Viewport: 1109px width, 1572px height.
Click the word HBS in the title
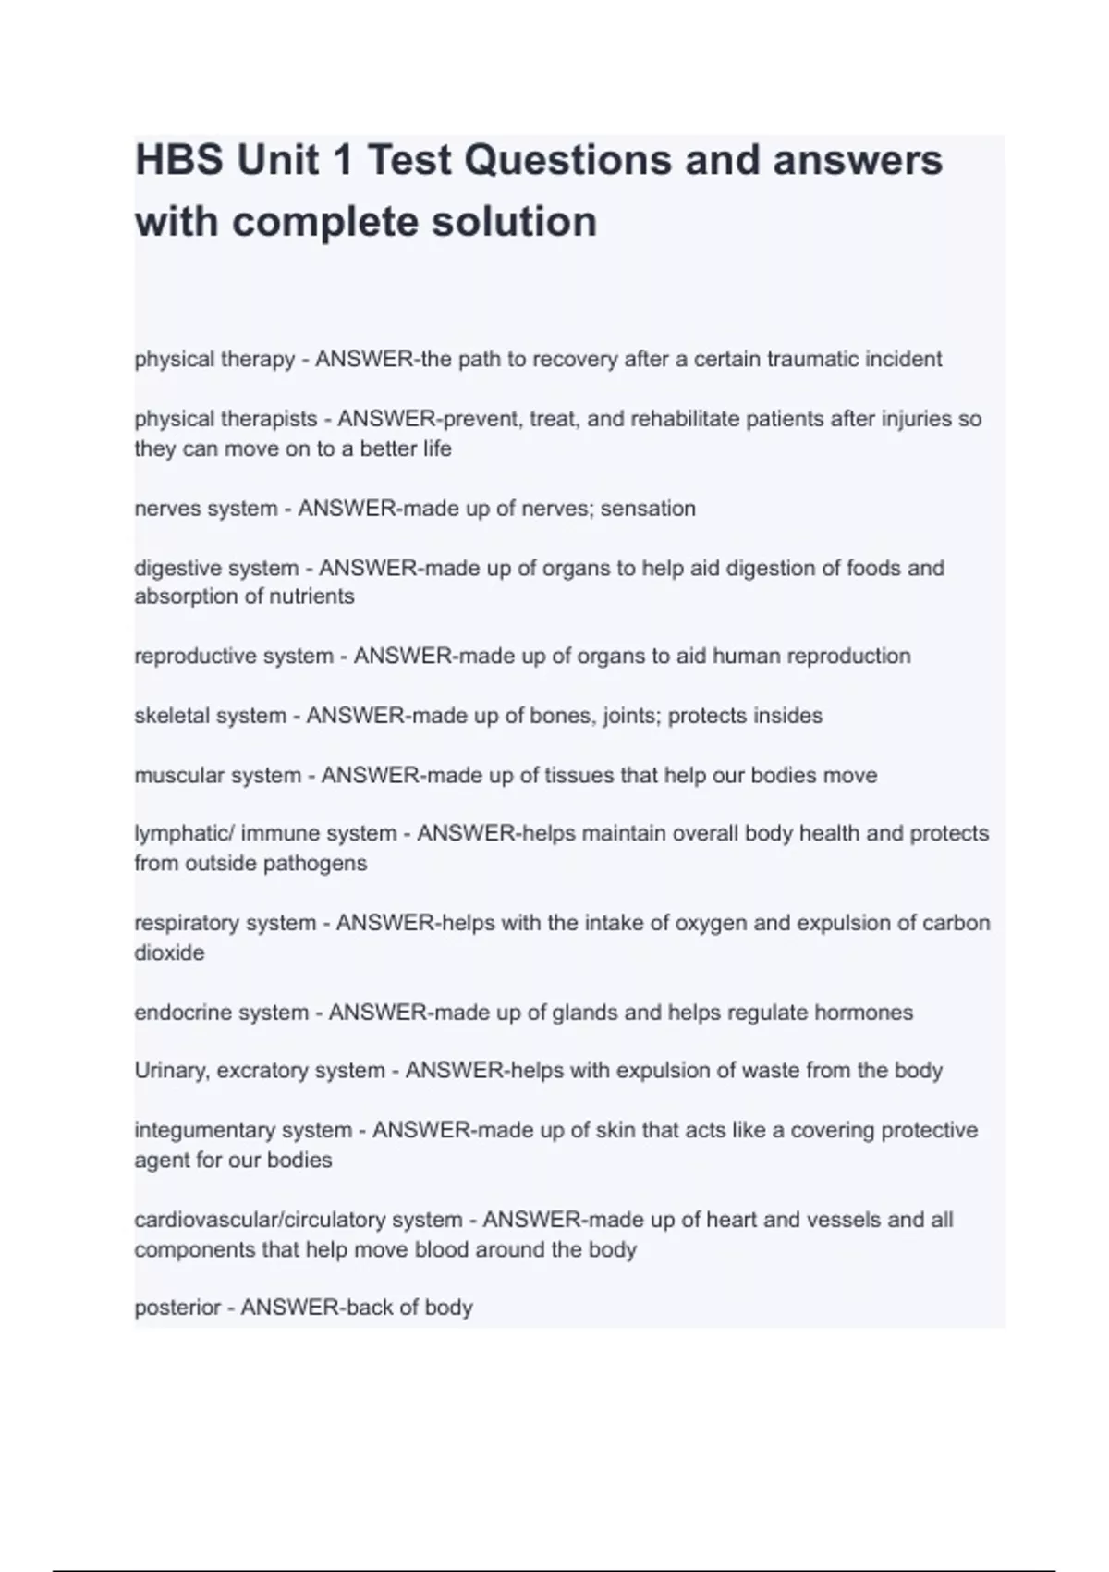point(178,160)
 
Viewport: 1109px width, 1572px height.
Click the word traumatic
point(812,359)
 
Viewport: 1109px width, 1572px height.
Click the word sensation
point(648,509)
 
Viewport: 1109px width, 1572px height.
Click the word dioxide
point(169,952)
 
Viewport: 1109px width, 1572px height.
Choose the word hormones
point(863,1013)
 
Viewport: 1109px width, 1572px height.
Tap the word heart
point(732,1220)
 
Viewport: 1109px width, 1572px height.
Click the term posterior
point(177,1308)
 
